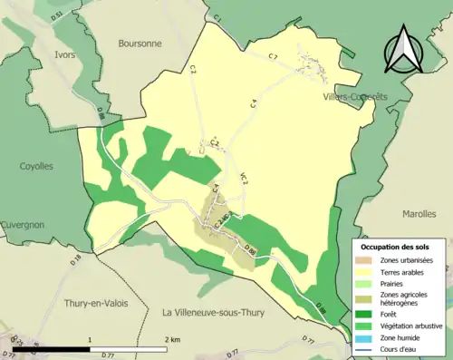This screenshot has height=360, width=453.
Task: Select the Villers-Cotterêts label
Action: pyautogui.click(x=354, y=94)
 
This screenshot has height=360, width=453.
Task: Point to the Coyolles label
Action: pyautogui.click(x=37, y=166)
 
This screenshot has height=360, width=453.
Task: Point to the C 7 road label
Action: pyautogui.click(x=273, y=57)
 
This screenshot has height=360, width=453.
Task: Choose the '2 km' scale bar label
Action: pyautogui.click(x=174, y=339)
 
